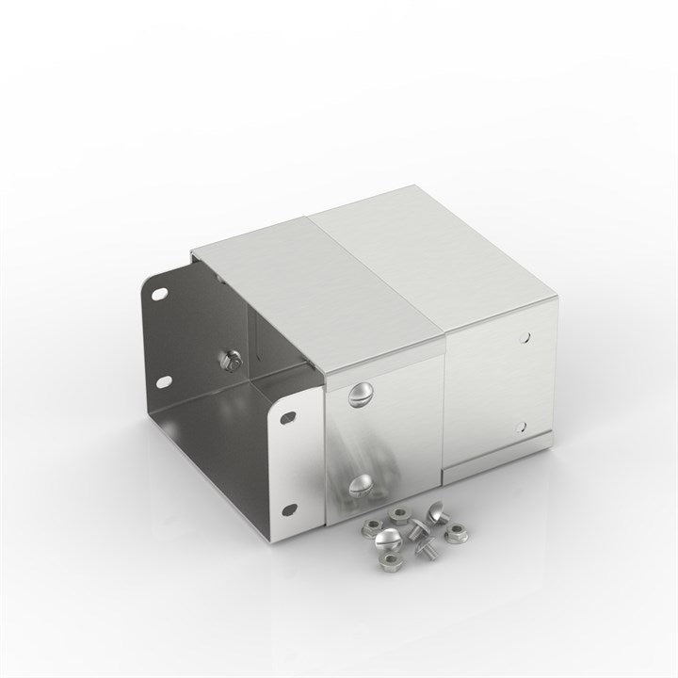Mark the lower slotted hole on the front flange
point(289,509)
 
